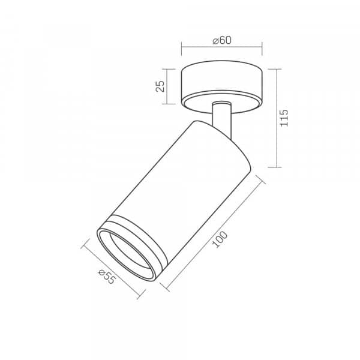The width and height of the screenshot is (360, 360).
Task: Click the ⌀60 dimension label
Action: pos(222,40)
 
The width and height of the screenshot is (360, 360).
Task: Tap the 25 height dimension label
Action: pos(160,86)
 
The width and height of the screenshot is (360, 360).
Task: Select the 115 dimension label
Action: pos(284,118)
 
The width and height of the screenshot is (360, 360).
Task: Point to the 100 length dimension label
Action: pos(220,239)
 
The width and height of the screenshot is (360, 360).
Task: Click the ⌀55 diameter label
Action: pos(107,277)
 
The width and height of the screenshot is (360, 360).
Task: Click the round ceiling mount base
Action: pos(221,87)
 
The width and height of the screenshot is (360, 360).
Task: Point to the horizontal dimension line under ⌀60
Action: pos(222,47)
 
